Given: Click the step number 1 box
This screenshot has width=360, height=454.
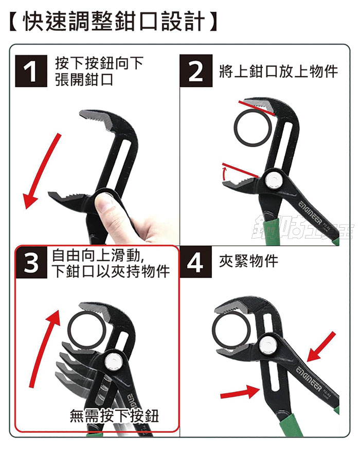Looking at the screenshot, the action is [x=31, y=71].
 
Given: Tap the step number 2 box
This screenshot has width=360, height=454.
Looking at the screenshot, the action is [x=196, y=70].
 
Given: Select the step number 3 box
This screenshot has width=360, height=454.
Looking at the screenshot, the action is [x=31, y=262].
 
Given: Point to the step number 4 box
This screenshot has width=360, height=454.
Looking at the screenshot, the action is [x=195, y=262].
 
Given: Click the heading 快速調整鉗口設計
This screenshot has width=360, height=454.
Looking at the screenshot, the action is [x=113, y=21].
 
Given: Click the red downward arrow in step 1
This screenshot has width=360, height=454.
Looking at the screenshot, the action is [x=42, y=171].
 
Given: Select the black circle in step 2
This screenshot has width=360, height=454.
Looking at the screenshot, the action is [x=253, y=128].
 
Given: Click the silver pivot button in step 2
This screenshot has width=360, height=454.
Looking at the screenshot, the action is [x=274, y=181].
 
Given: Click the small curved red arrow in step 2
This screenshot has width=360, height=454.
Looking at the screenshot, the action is [x=224, y=173].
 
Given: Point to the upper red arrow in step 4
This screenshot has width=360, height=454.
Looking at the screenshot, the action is [x=321, y=347].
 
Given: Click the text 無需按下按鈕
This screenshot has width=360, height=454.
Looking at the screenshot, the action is [x=114, y=416].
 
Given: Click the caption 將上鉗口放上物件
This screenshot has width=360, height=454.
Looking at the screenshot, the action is [x=279, y=71].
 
